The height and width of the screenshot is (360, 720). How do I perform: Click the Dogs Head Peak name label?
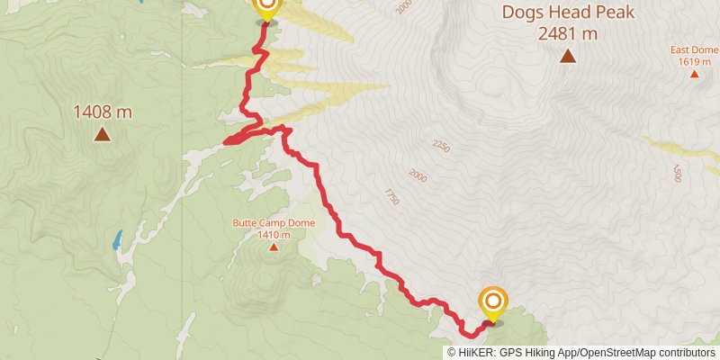(568, 13)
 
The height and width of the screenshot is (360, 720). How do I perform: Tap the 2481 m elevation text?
(568, 33)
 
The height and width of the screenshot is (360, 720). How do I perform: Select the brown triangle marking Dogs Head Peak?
(568, 56)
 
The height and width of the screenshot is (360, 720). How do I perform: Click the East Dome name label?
(694, 50)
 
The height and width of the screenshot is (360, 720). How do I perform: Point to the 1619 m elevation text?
(694, 61)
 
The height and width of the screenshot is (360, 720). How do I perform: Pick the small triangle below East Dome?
(694, 74)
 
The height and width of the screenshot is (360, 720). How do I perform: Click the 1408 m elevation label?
(103, 112)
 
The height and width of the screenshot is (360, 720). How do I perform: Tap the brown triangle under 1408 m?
(103, 135)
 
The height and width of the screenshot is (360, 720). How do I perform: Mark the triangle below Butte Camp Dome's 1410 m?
(273, 247)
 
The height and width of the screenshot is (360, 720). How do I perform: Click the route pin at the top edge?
(266, 8)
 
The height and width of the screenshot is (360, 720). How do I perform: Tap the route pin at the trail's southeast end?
(493, 302)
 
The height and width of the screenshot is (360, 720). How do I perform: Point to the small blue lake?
(117, 240)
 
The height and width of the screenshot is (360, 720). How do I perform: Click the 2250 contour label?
(441, 146)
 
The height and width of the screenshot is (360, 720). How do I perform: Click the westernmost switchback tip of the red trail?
(225, 141)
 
